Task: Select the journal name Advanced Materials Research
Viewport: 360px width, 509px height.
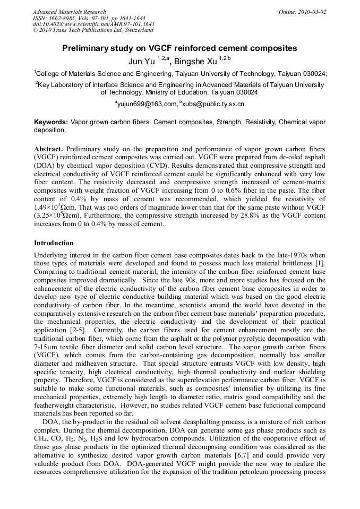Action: click(69, 12)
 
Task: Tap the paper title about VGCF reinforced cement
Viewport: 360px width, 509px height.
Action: click(179, 48)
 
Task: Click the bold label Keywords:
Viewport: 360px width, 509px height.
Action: click(52, 122)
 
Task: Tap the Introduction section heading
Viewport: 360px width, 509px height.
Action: click(54, 243)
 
